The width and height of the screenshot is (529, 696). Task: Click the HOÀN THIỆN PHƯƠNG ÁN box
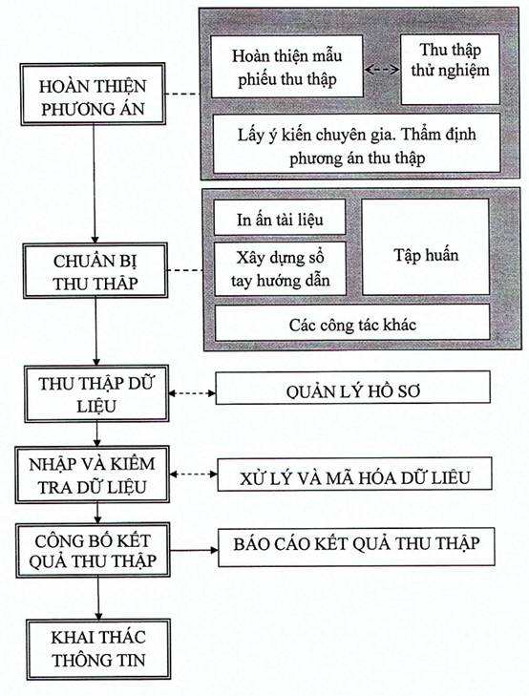tap(93, 95)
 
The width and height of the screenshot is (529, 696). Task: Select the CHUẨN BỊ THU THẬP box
tap(95, 270)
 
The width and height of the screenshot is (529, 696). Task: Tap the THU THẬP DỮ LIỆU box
tap(96, 393)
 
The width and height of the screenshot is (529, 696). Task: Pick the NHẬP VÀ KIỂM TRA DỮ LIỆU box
tap(93, 475)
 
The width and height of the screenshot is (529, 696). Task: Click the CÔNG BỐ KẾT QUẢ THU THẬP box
tap(93, 551)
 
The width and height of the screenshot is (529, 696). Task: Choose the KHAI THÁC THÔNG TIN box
tap(98, 649)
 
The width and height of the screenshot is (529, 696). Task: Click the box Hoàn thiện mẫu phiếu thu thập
tap(286, 67)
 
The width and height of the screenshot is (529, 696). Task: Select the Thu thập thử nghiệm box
tap(450, 70)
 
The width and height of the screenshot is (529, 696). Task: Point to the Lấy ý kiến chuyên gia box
tap(357, 143)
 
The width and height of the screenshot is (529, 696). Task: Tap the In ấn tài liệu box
tap(280, 218)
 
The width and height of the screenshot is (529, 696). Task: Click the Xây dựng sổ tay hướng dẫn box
tap(280, 269)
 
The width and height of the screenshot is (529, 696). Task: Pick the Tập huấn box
tap(426, 246)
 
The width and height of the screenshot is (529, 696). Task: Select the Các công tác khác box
tap(352, 323)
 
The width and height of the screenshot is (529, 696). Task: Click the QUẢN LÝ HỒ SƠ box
tap(352, 388)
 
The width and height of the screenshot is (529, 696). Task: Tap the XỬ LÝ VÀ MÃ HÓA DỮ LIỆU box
tap(354, 475)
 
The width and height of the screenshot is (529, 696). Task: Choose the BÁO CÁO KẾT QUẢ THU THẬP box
tap(356, 547)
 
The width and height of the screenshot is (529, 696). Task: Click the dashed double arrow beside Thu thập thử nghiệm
tap(382, 70)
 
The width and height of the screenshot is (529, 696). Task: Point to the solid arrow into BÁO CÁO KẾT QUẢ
tap(194, 550)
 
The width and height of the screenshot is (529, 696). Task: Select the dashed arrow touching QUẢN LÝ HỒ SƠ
tap(192, 393)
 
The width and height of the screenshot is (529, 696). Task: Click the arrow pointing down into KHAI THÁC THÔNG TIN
tap(98, 599)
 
